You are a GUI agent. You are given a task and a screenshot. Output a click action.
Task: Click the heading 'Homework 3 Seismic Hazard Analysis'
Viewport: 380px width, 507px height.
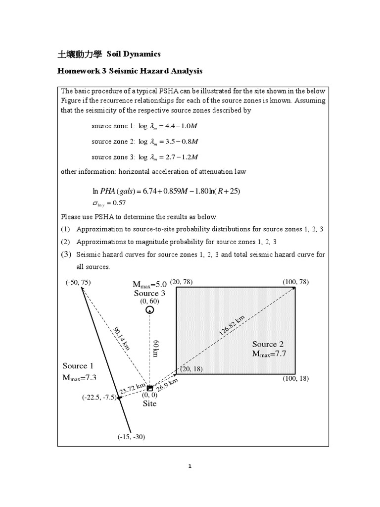(130, 71)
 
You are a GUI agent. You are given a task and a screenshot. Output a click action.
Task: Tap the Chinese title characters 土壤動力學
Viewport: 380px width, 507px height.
(81, 53)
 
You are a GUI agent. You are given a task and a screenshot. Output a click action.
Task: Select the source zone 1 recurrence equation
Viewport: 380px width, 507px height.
(145, 127)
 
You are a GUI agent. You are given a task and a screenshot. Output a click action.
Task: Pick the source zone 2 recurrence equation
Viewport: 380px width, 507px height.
(145, 142)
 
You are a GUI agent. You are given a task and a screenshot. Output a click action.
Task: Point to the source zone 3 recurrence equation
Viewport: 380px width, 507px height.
(145, 157)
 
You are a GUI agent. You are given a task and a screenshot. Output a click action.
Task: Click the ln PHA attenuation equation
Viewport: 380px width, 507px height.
(166, 191)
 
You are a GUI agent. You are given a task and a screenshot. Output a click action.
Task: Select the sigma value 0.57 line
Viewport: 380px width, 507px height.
(106, 203)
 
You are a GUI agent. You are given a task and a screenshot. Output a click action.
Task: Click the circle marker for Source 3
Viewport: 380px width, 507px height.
(149, 310)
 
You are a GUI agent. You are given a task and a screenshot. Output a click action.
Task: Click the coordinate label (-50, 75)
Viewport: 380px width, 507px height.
(78, 282)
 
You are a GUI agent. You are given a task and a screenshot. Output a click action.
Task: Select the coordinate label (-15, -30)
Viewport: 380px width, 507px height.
(131, 437)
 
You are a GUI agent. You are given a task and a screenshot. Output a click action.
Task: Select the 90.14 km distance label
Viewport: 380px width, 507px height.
(122, 339)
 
